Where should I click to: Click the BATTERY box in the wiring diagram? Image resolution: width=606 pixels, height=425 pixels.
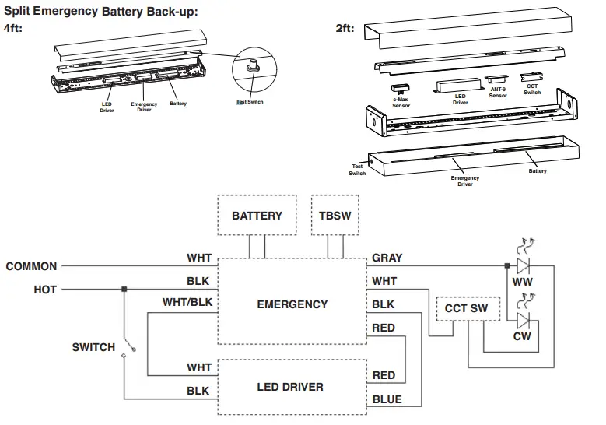(257, 215)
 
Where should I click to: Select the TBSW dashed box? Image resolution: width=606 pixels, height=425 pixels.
(335, 215)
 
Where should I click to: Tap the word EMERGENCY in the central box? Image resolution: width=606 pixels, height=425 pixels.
(292, 304)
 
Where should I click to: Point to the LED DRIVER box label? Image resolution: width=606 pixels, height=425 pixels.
(290, 387)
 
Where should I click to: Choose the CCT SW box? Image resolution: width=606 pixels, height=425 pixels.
(466, 308)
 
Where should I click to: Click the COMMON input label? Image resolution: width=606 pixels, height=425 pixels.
(31, 266)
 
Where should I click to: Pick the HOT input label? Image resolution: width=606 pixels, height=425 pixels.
(45, 290)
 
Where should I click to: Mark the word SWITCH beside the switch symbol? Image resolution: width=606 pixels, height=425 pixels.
(93, 347)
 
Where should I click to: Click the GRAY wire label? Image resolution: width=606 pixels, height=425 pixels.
(387, 258)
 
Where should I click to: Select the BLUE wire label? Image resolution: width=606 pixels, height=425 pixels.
(387, 399)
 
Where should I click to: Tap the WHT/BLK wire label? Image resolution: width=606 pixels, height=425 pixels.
(187, 301)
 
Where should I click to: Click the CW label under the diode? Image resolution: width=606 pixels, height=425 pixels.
(523, 336)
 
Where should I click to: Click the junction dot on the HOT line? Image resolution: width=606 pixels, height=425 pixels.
(124, 290)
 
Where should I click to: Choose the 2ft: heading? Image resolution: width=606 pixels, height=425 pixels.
(345, 28)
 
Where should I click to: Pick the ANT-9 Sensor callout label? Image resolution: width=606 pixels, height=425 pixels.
(498, 93)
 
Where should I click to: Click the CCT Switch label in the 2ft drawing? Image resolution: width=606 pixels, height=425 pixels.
(532, 90)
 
